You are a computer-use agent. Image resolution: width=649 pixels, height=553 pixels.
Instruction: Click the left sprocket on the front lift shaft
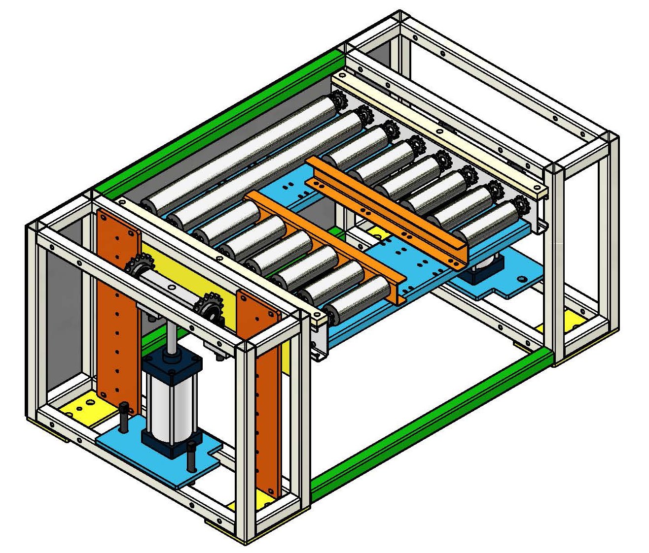135,268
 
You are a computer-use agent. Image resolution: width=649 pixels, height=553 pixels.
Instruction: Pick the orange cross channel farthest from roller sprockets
325,241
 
